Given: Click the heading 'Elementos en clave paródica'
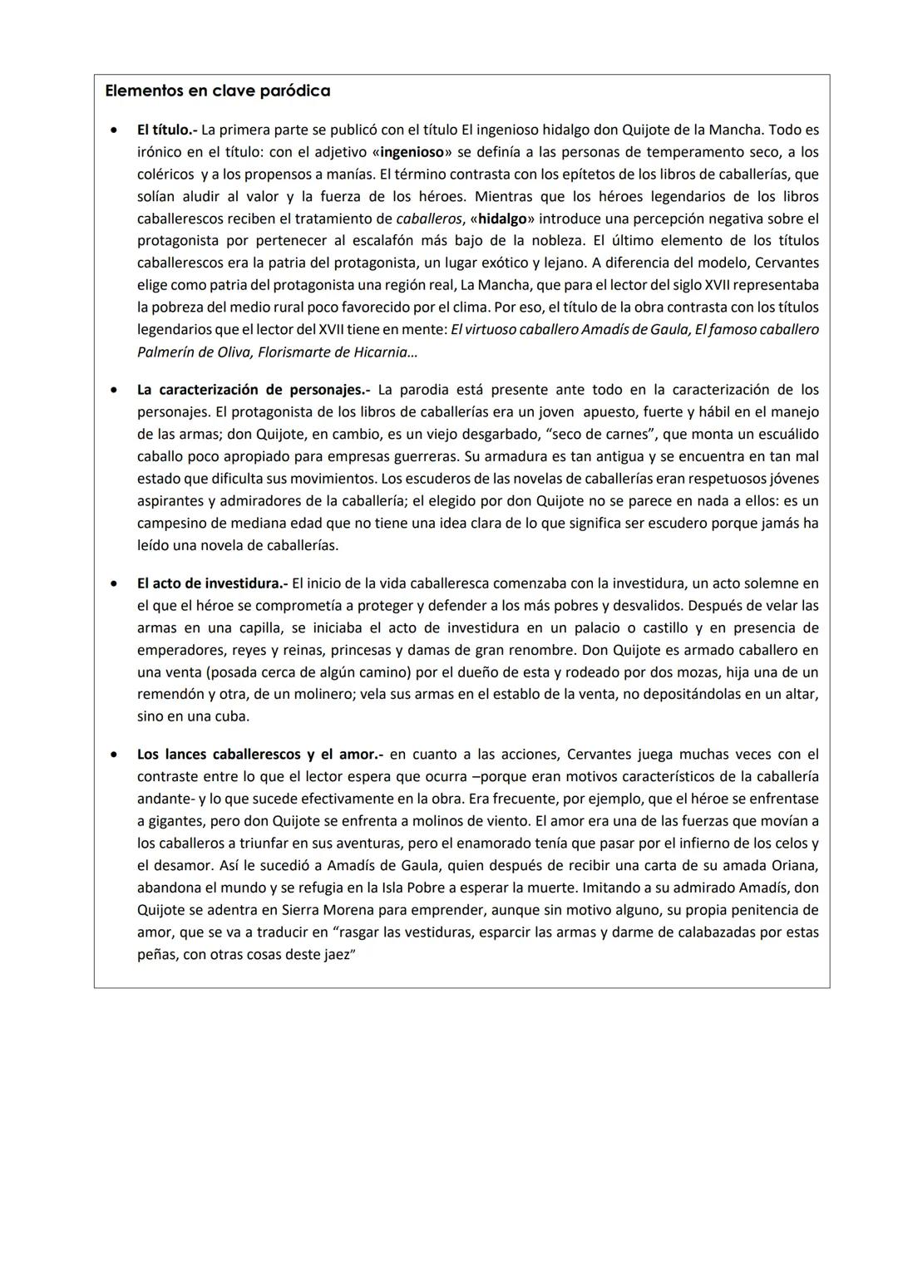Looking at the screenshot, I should [x=217, y=91].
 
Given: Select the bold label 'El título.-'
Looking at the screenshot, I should [x=167, y=130].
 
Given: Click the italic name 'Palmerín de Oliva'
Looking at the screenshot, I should [x=193, y=352].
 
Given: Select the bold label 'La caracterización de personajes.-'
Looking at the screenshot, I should [x=253, y=390].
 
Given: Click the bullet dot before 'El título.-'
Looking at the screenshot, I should [x=113, y=131].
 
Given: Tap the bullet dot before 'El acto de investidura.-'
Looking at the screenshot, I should [x=113, y=584].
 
